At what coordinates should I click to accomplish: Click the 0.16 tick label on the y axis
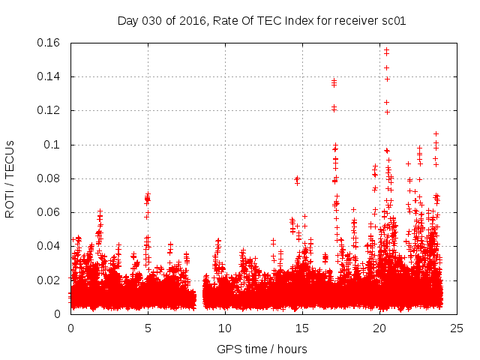coord(50,43)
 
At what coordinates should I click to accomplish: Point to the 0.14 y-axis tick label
coord(50,76)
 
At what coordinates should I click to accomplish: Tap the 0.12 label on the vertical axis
coord(50,110)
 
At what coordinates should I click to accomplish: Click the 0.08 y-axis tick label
coord(50,178)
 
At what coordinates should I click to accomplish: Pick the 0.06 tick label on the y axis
coord(50,212)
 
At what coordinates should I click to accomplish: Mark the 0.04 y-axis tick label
coord(50,246)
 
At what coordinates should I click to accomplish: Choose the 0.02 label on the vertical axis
coord(50,280)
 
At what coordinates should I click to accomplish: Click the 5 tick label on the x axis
coord(148,328)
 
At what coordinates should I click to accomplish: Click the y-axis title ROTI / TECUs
coord(10,178)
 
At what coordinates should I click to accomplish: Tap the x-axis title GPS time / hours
coord(262,349)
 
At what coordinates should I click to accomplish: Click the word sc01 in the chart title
coord(394,20)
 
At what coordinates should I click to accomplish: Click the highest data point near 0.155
coord(386,50)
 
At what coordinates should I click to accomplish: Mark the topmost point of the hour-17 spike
coord(334,80)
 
